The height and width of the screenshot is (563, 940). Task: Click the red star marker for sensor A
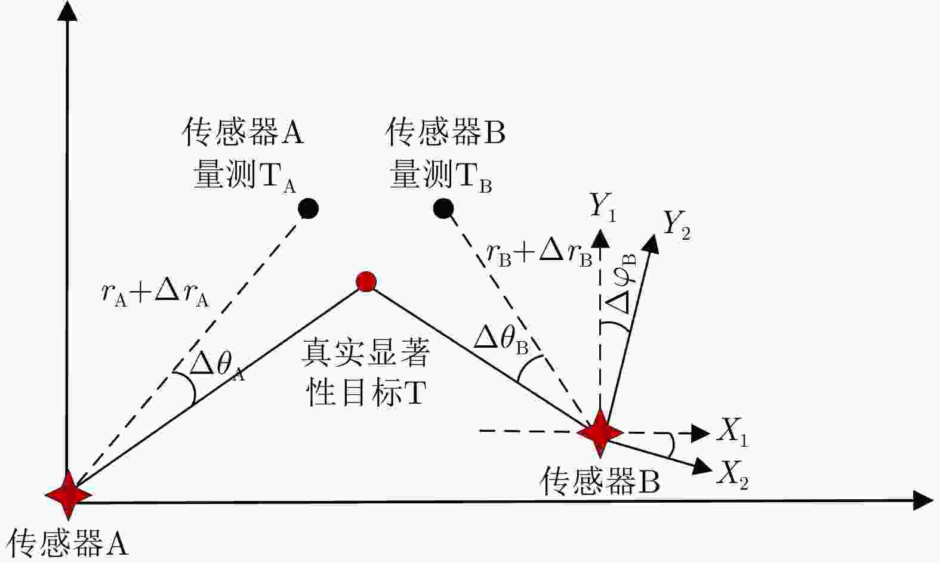click(69, 495)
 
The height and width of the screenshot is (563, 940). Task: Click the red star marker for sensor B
click(600, 432)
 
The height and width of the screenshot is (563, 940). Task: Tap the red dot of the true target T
click(366, 281)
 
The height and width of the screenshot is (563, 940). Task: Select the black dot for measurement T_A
click(308, 208)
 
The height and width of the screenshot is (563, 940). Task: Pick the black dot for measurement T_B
click(443, 208)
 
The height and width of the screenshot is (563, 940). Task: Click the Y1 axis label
click(603, 207)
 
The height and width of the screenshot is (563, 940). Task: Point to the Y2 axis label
click(676, 225)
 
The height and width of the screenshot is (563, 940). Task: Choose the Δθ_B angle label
click(501, 339)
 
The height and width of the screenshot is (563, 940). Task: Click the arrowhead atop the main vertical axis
click(67, 11)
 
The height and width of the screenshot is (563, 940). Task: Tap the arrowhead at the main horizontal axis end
click(923, 500)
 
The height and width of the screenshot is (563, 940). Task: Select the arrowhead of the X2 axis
click(702, 466)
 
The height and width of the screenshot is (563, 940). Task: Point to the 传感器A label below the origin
click(67, 543)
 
